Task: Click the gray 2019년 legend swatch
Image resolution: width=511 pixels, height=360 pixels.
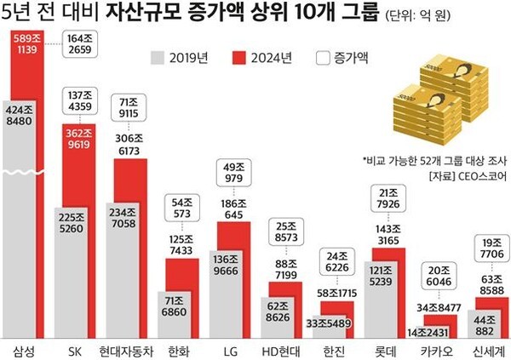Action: pyautogui.click(x=158, y=59)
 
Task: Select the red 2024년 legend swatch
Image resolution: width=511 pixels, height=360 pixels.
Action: pyautogui.click(x=242, y=59)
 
